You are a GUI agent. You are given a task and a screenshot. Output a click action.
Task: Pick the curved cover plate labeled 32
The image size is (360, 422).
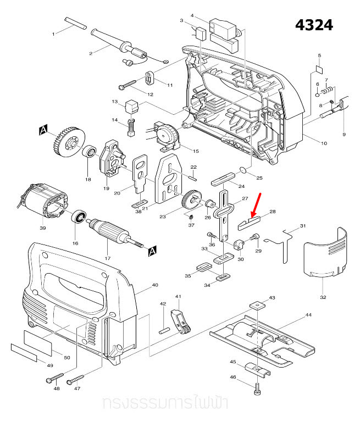coord(326,252)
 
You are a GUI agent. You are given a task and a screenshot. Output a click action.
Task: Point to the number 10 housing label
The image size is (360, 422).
coord(324,143)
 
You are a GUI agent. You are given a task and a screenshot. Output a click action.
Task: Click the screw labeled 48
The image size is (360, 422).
coord(51,379)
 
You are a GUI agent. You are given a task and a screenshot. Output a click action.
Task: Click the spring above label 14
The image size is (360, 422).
coord(131,129)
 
